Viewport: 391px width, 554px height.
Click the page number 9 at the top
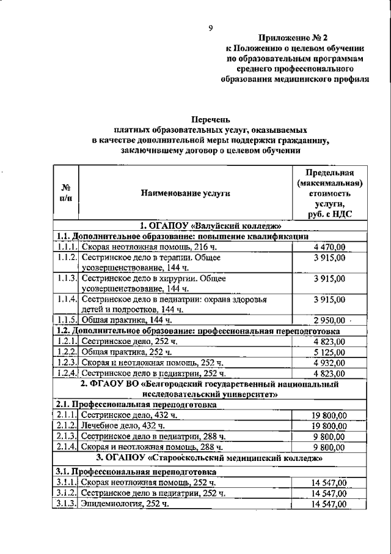210,28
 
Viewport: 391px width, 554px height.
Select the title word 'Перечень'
210,120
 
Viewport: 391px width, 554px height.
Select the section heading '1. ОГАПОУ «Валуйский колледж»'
210,225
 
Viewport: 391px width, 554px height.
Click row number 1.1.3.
66,279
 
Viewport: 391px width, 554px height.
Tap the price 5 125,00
329,352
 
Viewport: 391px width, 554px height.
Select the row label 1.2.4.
66,373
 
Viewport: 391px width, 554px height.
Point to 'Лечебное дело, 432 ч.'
123,425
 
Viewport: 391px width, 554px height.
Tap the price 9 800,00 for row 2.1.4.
329,447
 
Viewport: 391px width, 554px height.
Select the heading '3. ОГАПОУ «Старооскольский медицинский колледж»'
210,457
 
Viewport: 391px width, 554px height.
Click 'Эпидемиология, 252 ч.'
125,504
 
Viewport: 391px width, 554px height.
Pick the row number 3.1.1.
66,483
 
